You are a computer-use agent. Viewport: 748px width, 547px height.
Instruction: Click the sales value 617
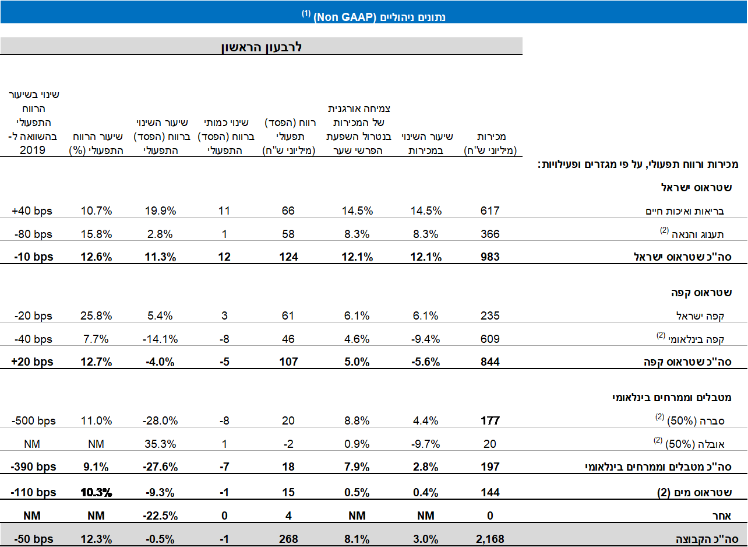point(490,211)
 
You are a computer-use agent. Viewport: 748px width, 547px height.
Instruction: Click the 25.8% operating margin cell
point(97,316)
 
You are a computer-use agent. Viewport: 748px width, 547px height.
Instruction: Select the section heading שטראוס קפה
point(707,292)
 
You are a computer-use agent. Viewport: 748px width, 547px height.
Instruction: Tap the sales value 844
point(490,362)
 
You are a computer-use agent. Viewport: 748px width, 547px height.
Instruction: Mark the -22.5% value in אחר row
point(161,516)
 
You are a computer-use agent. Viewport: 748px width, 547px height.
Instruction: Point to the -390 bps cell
point(34,467)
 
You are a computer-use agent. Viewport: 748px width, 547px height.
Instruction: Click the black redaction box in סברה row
point(490,416)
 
